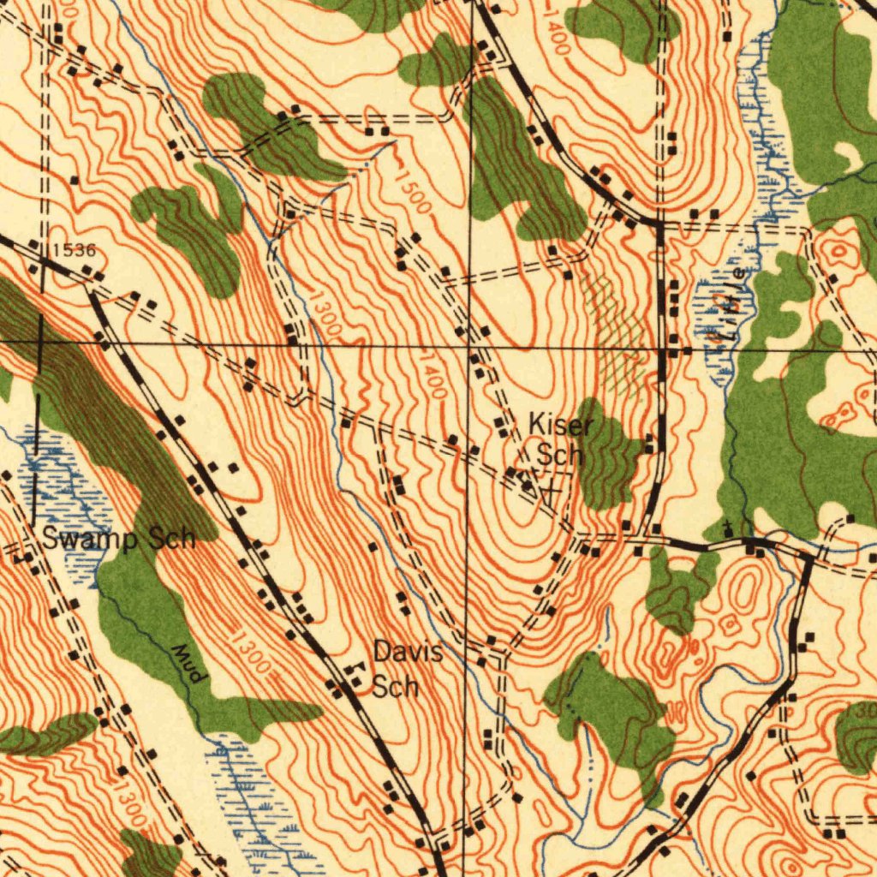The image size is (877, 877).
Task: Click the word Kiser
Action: [560, 425]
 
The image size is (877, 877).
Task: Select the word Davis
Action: [408, 653]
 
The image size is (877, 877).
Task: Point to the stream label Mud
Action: [188, 664]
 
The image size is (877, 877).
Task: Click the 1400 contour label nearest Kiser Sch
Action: [432, 374]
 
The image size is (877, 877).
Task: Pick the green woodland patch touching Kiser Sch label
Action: [608, 454]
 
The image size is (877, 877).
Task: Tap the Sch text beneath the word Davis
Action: [395, 687]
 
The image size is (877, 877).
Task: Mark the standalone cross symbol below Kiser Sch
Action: [551, 492]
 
